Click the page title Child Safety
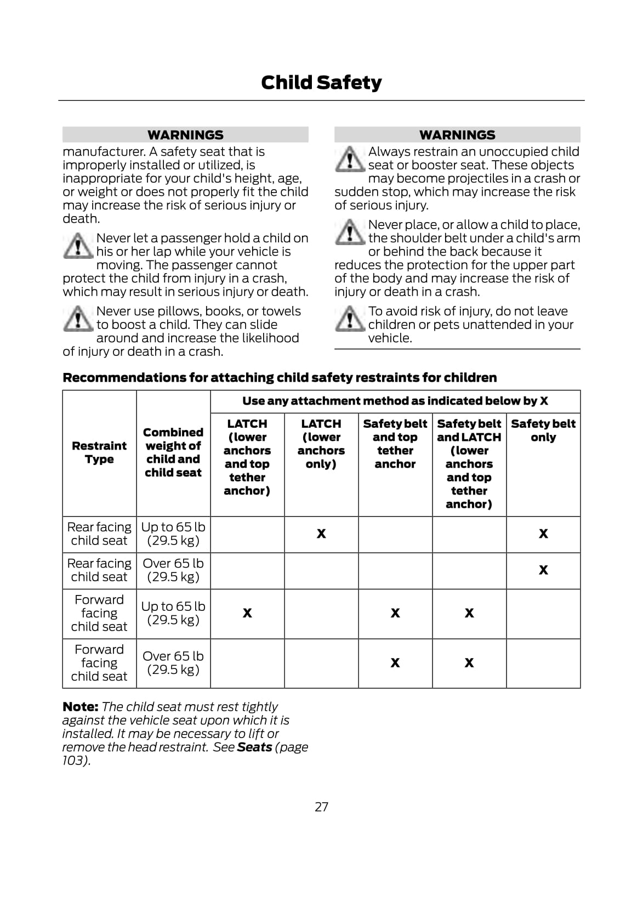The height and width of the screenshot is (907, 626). coord(321,82)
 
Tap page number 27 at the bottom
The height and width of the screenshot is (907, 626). coord(322,807)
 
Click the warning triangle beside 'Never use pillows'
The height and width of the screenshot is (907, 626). coord(78,319)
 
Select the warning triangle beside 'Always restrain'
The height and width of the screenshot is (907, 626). coord(350,160)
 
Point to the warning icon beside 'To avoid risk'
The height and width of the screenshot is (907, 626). coord(350,319)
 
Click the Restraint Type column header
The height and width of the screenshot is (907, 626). coord(99,452)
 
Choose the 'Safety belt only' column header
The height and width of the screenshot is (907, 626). coord(543,430)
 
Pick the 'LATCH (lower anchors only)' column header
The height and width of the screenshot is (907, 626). coord(321,444)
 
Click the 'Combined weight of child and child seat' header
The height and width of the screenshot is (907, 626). coord(173,452)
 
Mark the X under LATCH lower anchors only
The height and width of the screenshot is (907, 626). coord(321,534)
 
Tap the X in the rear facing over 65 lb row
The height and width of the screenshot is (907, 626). coord(543,570)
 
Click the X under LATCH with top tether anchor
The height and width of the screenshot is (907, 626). coord(247,613)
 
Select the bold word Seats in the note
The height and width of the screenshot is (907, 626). coord(254,747)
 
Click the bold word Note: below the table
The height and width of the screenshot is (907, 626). coord(80,707)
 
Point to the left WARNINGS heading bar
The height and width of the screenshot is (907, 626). coord(185,135)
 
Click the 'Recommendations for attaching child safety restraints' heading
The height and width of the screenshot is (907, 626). coord(280,378)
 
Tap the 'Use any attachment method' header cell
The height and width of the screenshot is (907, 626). coord(395,401)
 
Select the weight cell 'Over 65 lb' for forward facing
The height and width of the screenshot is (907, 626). coord(173,663)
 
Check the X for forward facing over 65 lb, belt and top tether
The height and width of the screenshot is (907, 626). coord(395,663)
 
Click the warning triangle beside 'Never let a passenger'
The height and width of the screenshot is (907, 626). coord(78,246)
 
